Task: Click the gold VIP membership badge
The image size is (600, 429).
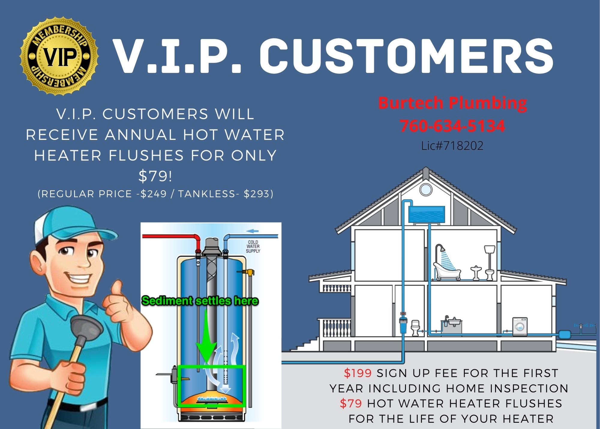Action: (x=59, y=56)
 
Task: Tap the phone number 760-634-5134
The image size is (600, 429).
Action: (x=452, y=126)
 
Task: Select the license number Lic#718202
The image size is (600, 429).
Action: (x=452, y=146)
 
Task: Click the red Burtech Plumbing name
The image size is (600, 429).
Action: (x=452, y=103)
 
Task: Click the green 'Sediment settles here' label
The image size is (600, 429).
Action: (x=200, y=301)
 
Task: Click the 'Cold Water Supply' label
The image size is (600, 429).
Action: (x=253, y=246)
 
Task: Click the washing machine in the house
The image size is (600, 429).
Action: (x=520, y=326)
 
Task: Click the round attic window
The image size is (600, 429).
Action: (x=426, y=190)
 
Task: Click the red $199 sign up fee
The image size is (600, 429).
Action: (x=358, y=373)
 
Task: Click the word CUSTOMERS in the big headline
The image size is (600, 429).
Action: (x=406, y=56)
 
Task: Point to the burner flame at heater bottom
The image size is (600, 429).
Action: (x=212, y=399)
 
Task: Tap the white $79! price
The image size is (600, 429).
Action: (x=155, y=176)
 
